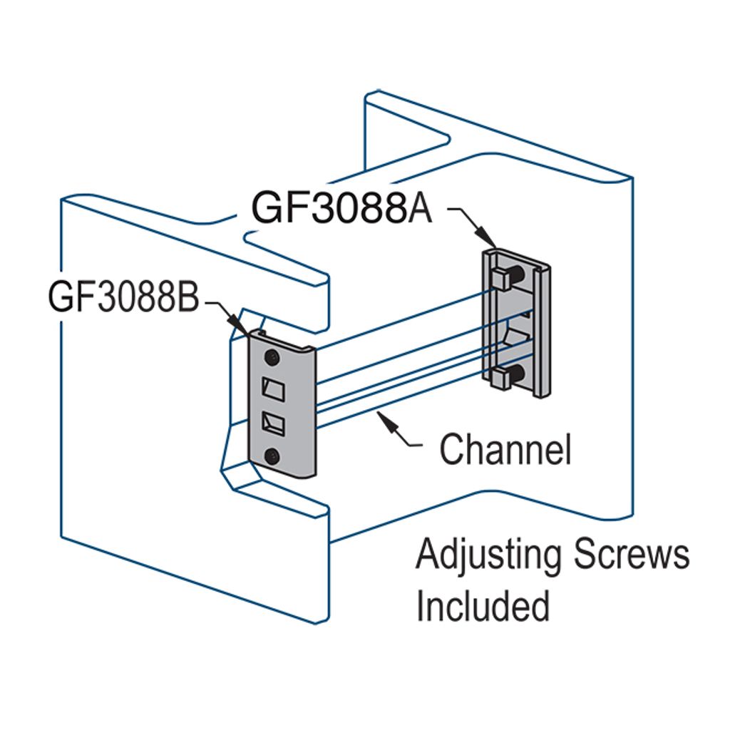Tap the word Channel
tap(505, 450)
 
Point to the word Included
tap(483, 605)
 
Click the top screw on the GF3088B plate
tap(272, 356)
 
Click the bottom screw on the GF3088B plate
tap(272, 456)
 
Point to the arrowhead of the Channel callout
tap(388, 421)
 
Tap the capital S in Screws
tap(586, 556)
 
